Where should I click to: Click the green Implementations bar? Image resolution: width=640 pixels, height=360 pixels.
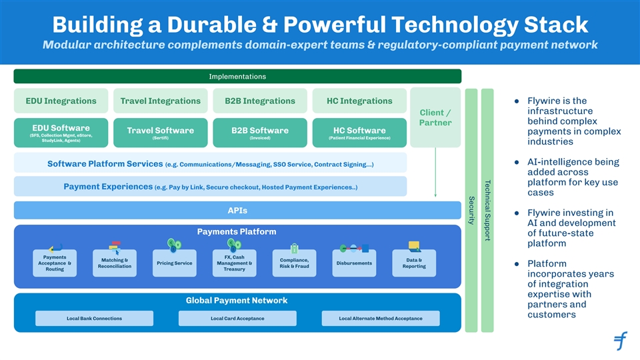click(x=237, y=77)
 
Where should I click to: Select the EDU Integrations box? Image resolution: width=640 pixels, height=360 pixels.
click(x=61, y=101)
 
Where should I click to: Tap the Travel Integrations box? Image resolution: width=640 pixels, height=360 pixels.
click(x=160, y=101)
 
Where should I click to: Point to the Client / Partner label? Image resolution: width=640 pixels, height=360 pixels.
click(x=435, y=117)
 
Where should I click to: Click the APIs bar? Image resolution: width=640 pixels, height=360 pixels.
click(x=237, y=211)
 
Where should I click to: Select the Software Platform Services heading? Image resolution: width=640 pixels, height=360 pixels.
click(x=105, y=164)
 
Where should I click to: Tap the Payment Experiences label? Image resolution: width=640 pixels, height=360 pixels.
click(x=107, y=187)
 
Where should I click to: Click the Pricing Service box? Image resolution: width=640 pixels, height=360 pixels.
click(x=173, y=263)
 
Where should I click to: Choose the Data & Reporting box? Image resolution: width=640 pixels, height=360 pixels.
click(x=414, y=263)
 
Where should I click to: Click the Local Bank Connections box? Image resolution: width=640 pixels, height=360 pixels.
click(x=94, y=319)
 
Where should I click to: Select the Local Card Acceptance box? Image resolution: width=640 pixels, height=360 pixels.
click(x=237, y=319)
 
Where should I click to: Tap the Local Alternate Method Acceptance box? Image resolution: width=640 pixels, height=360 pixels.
click(x=381, y=319)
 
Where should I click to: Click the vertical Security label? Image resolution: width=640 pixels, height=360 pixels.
click(x=471, y=209)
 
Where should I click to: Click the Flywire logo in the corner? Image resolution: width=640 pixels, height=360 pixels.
click(x=620, y=341)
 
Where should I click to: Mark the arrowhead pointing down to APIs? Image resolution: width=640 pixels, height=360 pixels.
click(x=435, y=195)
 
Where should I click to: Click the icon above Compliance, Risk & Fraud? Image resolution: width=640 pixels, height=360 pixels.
click(x=294, y=247)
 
